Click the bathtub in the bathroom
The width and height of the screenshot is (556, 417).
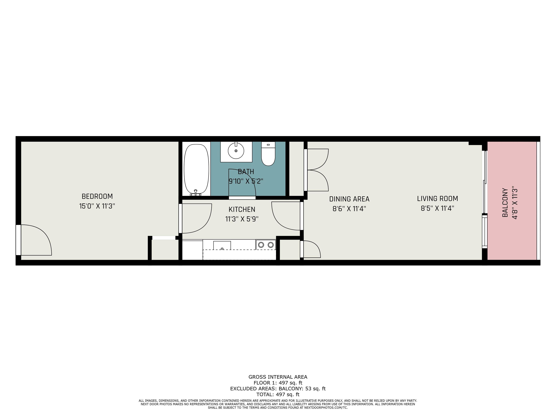[196, 170]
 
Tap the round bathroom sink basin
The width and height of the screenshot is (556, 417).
[236, 151]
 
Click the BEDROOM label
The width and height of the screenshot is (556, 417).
[97, 196]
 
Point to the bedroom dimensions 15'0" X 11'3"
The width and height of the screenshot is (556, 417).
[97, 206]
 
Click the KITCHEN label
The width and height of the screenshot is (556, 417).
[242, 209]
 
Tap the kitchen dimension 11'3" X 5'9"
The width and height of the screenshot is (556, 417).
[242, 219]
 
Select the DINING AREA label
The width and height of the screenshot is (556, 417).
[349, 199]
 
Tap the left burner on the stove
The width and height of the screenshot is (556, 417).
[261, 245]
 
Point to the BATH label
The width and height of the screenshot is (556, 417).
[246, 172]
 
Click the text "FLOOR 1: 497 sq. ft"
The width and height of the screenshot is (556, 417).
[278, 383]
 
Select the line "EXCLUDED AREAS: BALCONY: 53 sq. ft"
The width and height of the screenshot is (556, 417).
[278, 389]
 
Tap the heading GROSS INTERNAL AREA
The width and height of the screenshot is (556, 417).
[278, 377]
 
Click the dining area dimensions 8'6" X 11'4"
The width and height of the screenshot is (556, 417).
[349, 209]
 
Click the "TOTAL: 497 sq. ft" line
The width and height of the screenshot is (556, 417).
[278, 394]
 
